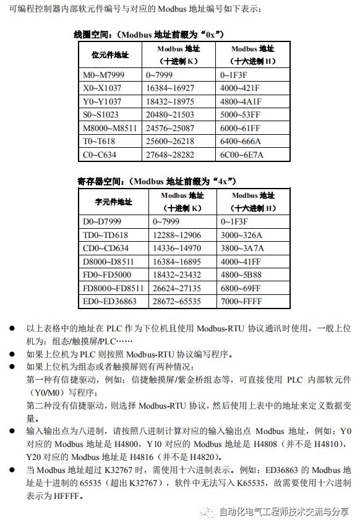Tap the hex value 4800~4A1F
(x=241, y=101)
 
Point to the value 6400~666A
(x=241, y=141)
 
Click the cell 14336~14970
(x=176, y=249)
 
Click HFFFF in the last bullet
(x=66, y=495)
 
